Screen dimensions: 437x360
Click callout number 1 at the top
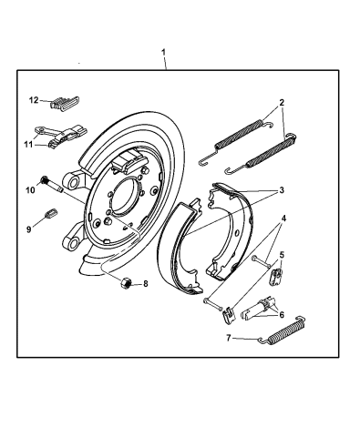coord(164,52)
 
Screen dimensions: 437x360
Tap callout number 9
coord(28,229)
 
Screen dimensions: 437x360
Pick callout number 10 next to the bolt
coord(29,189)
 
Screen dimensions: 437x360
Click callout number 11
coord(29,143)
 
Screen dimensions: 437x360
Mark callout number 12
coord(33,99)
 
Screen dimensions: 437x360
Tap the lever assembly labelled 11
coord(60,136)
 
